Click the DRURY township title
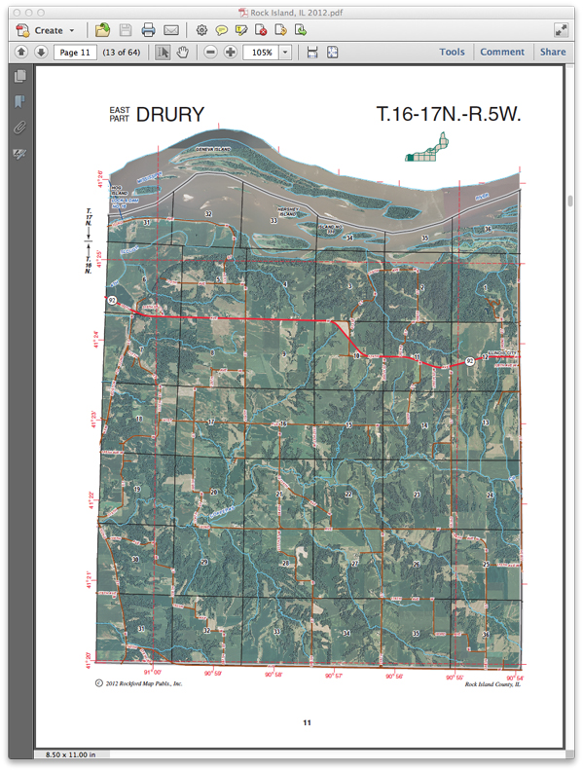coord(170,114)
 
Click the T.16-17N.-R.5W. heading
coord(450,114)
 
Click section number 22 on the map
coord(347,495)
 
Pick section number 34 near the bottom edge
coord(346,633)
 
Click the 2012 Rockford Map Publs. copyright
coord(139,683)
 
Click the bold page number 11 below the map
coord(307,722)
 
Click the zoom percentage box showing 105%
coord(260,53)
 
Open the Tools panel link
coord(452,53)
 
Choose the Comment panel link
coord(502,53)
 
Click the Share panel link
coord(553,53)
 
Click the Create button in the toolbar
coord(45,30)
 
